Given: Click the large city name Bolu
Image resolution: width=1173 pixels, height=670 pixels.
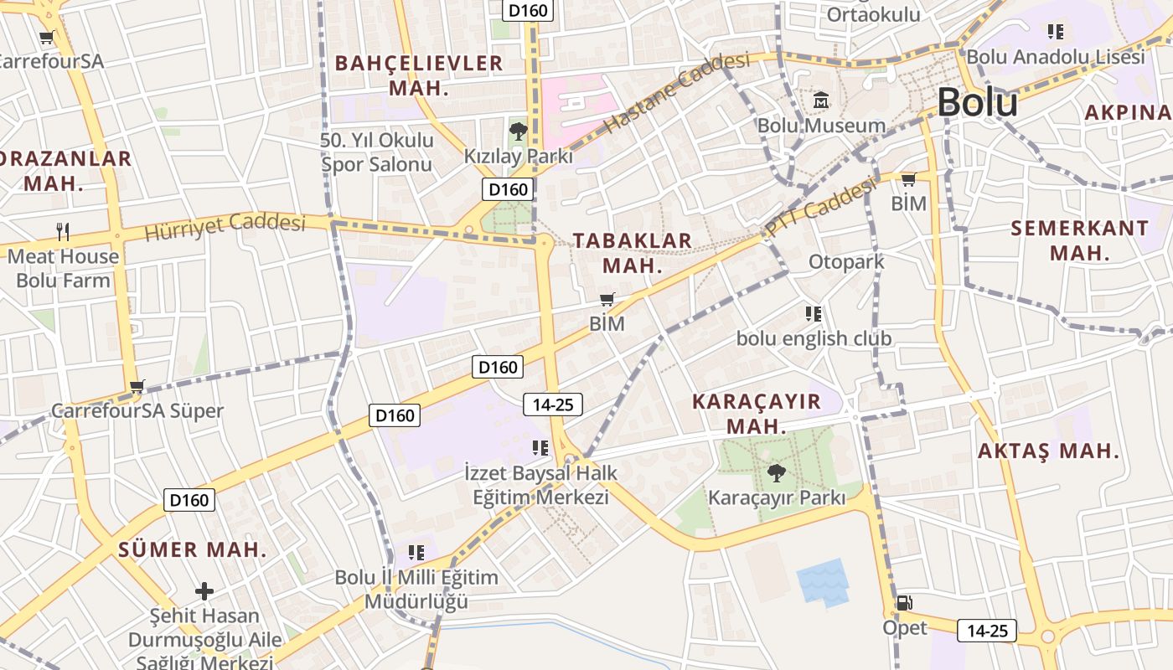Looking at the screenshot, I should (x=977, y=103).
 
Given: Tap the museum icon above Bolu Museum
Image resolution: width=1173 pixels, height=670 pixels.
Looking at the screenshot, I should (x=820, y=100).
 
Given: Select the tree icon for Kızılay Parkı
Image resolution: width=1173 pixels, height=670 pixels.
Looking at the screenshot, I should (x=518, y=131).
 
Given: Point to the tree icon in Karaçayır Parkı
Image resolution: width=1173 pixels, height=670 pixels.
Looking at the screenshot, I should (x=777, y=473).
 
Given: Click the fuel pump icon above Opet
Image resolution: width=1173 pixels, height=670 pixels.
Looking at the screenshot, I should (x=904, y=602).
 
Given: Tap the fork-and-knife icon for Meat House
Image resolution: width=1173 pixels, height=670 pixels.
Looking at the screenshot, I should (x=63, y=231).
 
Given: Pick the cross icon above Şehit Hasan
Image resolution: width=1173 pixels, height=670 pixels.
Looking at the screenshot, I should (x=204, y=591).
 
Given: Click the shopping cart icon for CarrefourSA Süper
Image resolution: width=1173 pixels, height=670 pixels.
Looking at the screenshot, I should (x=137, y=387).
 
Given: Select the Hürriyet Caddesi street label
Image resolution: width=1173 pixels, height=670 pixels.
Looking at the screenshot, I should (x=225, y=225).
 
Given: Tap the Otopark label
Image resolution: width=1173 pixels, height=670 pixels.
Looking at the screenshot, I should (x=846, y=262).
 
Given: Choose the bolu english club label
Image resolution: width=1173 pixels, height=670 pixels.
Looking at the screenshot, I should (x=814, y=339).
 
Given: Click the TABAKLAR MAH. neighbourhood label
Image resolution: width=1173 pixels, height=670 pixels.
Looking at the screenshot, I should (x=633, y=253).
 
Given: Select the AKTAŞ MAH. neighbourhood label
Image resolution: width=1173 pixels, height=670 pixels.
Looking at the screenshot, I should (x=1049, y=451).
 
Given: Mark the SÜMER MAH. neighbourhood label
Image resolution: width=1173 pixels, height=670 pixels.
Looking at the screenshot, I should (x=193, y=550).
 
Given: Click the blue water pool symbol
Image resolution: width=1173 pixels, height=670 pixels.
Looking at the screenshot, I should (x=822, y=581).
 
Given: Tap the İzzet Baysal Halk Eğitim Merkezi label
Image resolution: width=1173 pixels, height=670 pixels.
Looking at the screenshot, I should (x=540, y=485).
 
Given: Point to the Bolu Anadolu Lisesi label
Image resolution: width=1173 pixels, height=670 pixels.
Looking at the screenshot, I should (x=1055, y=57).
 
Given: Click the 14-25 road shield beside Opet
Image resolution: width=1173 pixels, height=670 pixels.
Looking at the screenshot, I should (x=987, y=631).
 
